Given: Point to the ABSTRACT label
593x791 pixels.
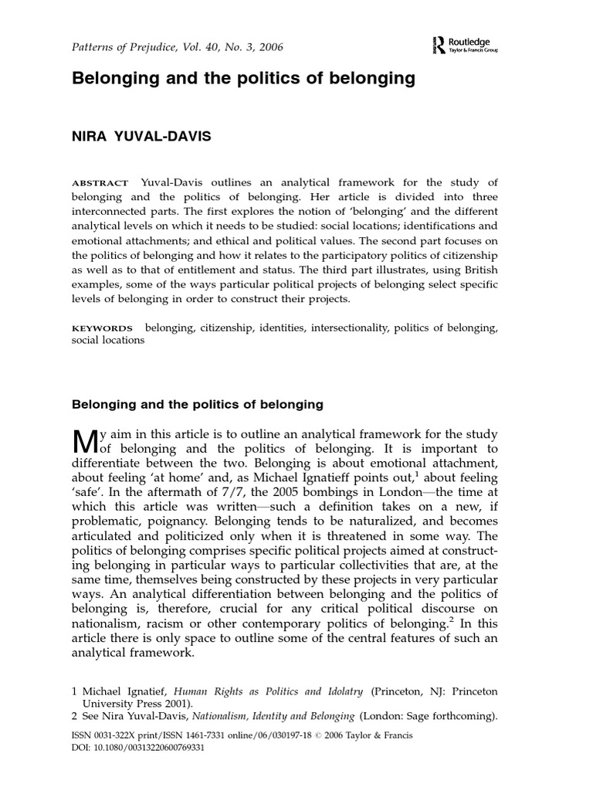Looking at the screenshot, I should click(x=100, y=183).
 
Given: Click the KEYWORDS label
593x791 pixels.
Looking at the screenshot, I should click(x=103, y=328).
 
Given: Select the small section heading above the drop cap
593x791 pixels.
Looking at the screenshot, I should click(x=197, y=404).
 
